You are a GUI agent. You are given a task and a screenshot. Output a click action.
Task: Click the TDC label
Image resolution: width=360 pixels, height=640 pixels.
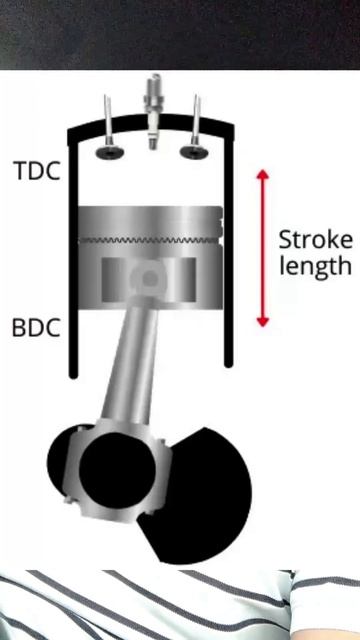(x=36, y=170)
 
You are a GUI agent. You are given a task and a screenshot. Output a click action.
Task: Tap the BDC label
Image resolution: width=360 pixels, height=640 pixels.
(x=36, y=327)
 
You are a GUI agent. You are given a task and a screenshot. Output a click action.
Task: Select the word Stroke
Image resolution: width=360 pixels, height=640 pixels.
(x=315, y=240)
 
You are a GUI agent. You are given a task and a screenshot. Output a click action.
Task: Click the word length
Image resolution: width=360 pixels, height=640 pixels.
(x=315, y=266)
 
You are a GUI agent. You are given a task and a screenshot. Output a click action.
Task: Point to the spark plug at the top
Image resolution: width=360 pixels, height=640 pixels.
(x=152, y=110)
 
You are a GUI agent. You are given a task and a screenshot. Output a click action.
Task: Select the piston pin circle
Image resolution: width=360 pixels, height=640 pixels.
(x=149, y=277)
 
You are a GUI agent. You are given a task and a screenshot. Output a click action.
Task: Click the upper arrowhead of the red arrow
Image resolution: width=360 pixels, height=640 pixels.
(x=263, y=177)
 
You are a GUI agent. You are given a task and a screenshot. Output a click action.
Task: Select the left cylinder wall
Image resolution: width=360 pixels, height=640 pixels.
(x=73, y=260)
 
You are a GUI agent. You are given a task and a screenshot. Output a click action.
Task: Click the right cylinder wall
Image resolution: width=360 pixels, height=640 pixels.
(x=228, y=260)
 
